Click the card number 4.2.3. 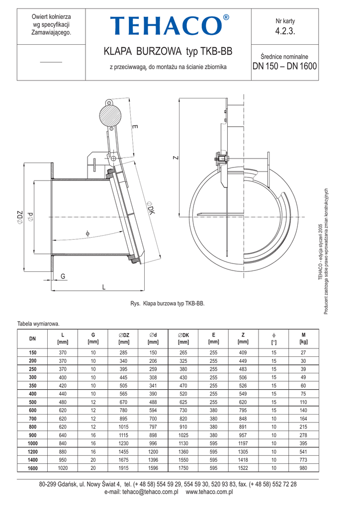pyautogui.click(x=285, y=31)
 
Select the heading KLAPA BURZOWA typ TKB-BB pyautogui.click(x=168, y=51)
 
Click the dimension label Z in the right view pyautogui.click(x=176, y=158)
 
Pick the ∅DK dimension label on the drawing pyautogui.click(x=150, y=207)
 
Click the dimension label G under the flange pyautogui.click(x=63, y=276)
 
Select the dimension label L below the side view pyautogui.click(x=103, y=287)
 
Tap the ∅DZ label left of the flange pyautogui.click(x=20, y=217)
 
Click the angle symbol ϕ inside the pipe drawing pyautogui.click(x=88, y=233)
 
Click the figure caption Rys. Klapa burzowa pyautogui.click(x=168, y=304)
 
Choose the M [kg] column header pyautogui.click(x=303, y=338)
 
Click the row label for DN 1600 pyautogui.click(x=32, y=468)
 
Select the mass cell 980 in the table pyautogui.click(x=303, y=468)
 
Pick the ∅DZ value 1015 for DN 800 pyautogui.click(x=123, y=427)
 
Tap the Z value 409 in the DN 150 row pyautogui.click(x=243, y=352)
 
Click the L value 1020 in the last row pyautogui.click(x=63, y=468)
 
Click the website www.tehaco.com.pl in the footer pyautogui.click(x=209, y=492)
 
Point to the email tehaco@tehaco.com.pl pyautogui.click(x=150, y=492)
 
